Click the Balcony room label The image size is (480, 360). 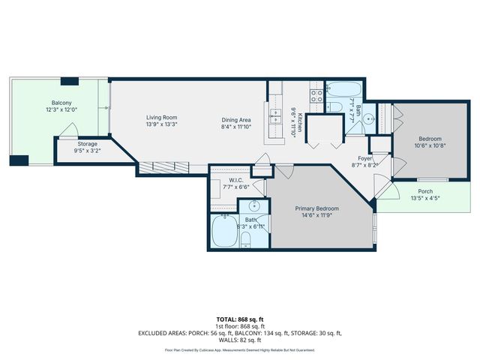pos(62,102)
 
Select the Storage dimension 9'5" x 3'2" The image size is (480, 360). pos(88,151)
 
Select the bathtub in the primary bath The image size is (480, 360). pos(224,232)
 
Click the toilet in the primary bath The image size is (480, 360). pos(246,239)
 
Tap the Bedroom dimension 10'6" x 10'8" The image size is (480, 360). pos(430,147)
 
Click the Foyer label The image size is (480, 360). pos(364,158)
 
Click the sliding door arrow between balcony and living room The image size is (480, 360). pos(109,108)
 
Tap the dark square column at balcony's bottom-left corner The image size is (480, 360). pos(19,160)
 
